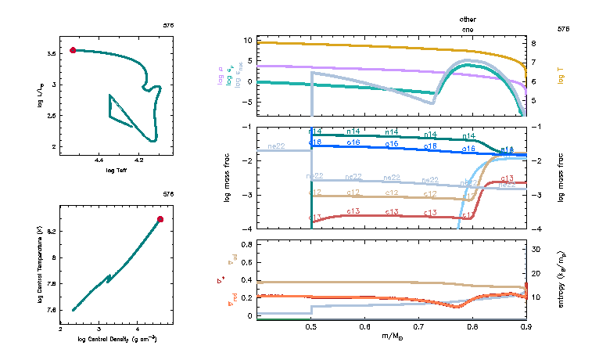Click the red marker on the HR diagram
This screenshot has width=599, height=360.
[x=73, y=50]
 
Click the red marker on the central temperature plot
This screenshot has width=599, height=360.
[x=160, y=219]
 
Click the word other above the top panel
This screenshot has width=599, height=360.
[x=468, y=19]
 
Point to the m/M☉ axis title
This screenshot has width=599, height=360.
[x=392, y=337]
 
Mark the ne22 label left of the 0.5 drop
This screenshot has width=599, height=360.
[x=276, y=146]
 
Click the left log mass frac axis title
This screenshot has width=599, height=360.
[x=228, y=178]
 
